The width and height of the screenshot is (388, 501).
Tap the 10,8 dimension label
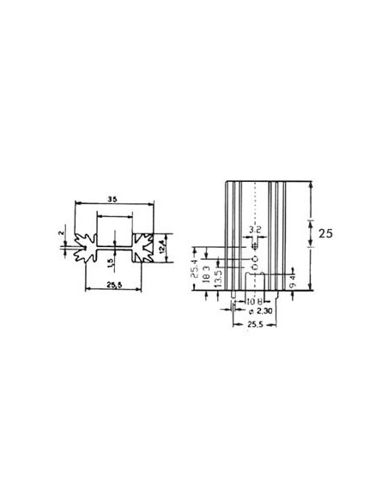[254, 303]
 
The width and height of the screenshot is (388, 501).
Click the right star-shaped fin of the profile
[142, 247]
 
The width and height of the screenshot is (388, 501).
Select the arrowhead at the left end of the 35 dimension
[77, 203]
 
